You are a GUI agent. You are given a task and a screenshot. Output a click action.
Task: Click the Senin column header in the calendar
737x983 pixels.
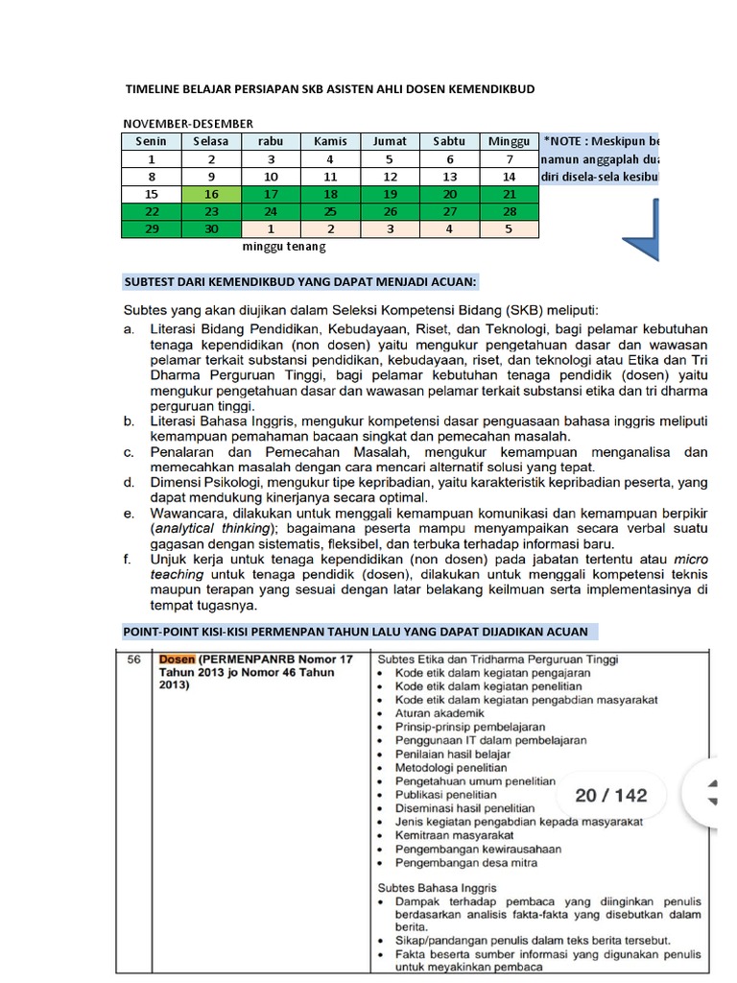[152, 141]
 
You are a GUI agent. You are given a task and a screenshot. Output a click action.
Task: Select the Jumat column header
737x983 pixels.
[390, 141]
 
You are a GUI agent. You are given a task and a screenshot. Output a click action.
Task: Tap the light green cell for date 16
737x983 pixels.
[211, 194]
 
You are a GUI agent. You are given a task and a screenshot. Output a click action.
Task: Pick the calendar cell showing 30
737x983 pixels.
[211, 229]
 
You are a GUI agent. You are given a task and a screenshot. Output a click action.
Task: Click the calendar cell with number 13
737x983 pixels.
[449, 177]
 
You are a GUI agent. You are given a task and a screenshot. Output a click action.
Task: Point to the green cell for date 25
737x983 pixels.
[330, 212]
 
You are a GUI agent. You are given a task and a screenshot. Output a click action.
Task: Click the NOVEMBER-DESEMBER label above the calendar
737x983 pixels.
[187, 124]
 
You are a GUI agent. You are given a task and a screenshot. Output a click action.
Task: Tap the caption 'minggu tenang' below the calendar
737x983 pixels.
[284, 247]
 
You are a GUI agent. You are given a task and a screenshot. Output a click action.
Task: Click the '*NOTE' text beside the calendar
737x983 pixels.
[565, 141]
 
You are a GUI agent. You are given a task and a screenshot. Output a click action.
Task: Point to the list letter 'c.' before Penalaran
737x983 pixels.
[130, 451]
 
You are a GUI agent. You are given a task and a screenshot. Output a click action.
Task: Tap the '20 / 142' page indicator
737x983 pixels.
[611, 795]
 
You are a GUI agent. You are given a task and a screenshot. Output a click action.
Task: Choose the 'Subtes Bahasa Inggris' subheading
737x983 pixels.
[437, 887]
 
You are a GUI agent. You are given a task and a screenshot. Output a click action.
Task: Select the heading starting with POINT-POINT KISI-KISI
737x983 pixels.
[360, 631]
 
